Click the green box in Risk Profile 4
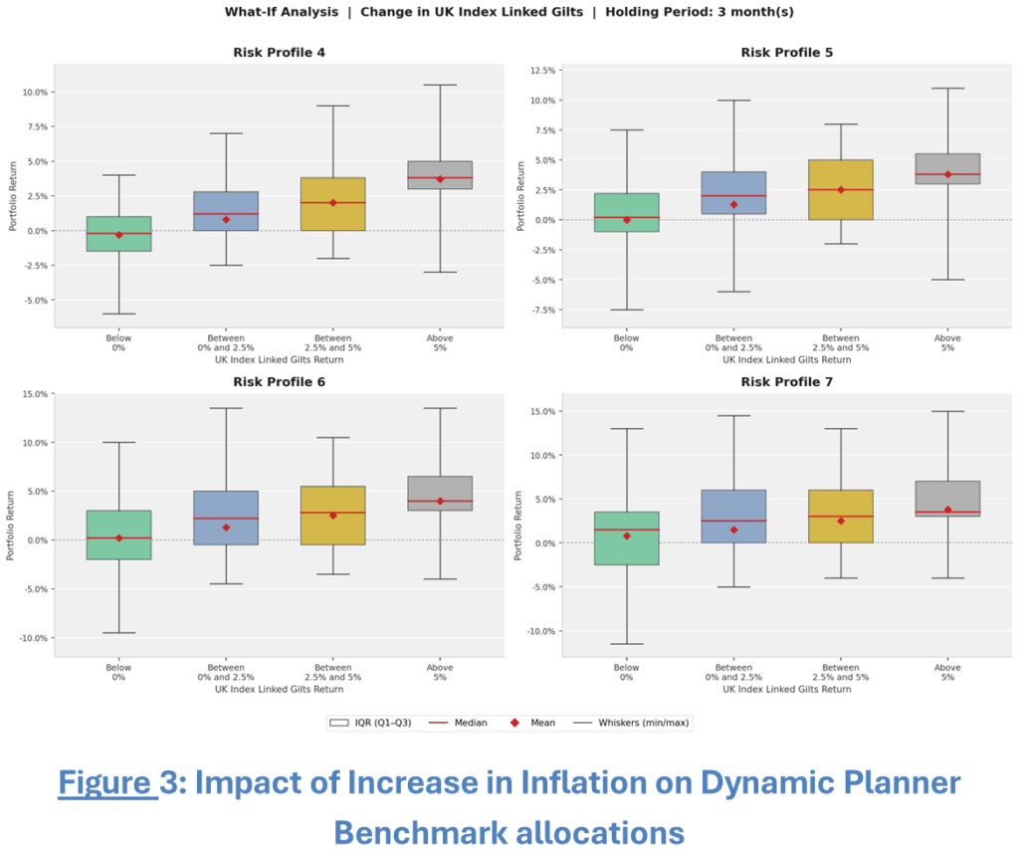pyautogui.click(x=118, y=234)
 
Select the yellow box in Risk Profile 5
pyautogui.click(x=841, y=189)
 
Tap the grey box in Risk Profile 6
pyautogui.click(x=440, y=493)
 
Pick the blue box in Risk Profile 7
pyautogui.click(x=733, y=516)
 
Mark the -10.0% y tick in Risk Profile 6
pyautogui.click(x=29, y=638)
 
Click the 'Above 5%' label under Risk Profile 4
pyautogui.click(x=440, y=342)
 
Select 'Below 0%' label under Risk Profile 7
pyautogui.click(x=627, y=672)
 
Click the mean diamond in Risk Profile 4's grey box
pyautogui.click(x=440, y=179)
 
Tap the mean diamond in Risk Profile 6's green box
pyautogui.click(x=118, y=537)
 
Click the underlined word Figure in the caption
pyautogui.click(x=106, y=783)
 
